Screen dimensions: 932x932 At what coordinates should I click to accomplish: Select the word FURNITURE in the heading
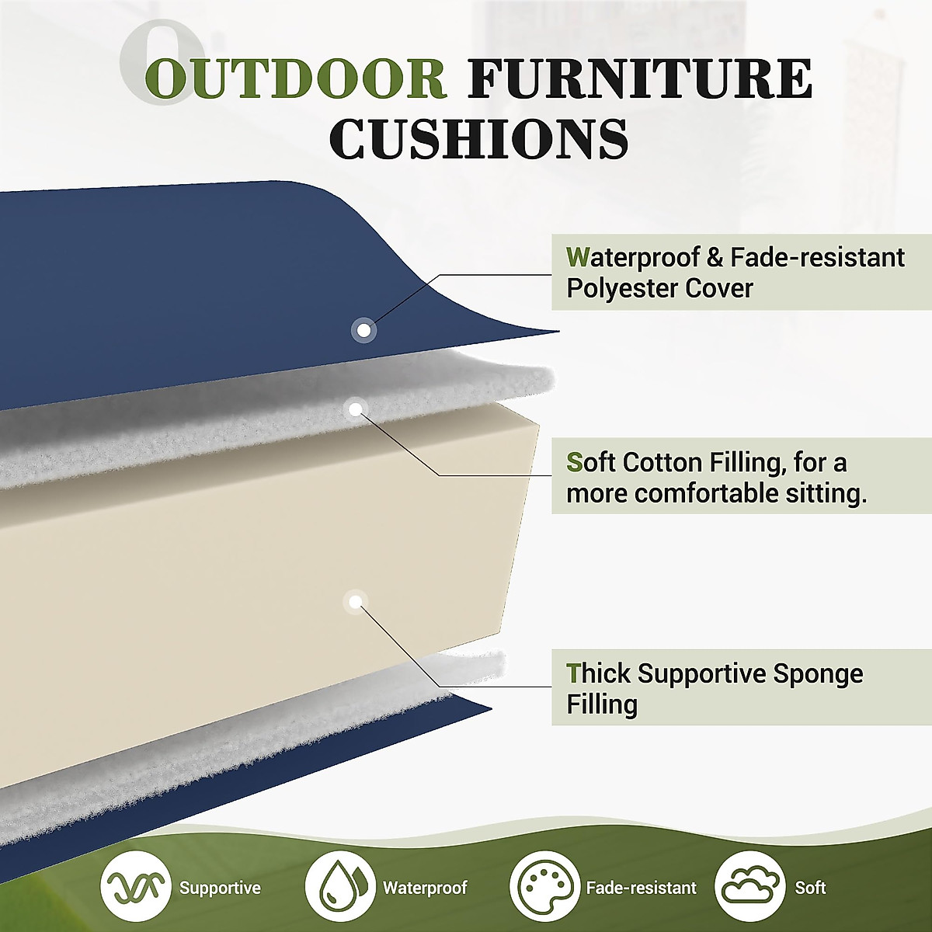[x=639, y=79]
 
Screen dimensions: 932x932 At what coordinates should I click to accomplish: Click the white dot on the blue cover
[x=363, y=330]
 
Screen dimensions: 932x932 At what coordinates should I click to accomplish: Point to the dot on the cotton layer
[x=356, y=410]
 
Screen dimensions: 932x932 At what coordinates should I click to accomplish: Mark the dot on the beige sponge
[x=356, y=602]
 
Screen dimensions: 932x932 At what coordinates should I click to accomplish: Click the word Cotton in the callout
[x=662, y=463]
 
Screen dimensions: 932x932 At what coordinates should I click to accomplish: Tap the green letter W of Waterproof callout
[x=578, y=257]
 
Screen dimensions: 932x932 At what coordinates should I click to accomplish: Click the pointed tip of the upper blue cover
[x=559, y=332]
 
